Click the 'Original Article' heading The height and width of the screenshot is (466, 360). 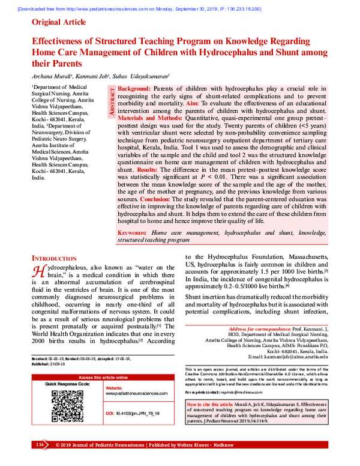click(59, 22)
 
